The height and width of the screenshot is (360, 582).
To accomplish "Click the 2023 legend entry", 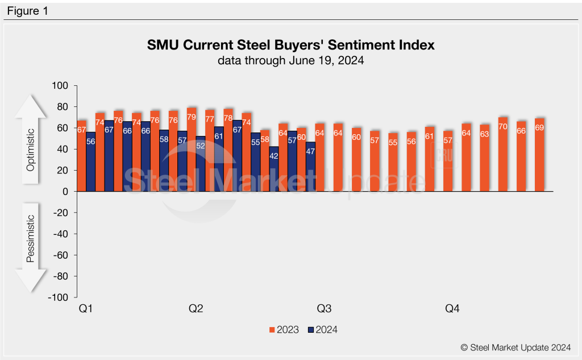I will point(284,329).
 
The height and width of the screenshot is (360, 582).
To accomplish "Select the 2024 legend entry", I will point(322,329).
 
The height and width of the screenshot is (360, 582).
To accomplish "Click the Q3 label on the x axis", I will point(324,309).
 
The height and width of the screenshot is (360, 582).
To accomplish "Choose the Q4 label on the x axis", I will point(452,309).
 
